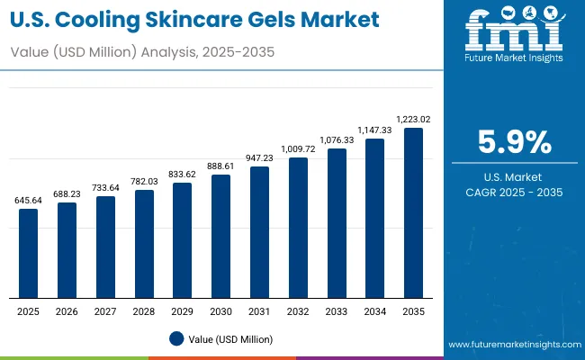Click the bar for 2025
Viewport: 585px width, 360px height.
(29, 253)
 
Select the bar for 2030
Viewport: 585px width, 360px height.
(221, 236)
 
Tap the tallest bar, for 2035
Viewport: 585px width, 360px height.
(414, 212)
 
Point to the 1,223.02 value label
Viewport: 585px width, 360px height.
(413, 119)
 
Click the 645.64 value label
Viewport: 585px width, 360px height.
(29, 200)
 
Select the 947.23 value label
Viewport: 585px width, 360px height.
(260, 157)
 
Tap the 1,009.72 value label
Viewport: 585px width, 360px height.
(298, 148)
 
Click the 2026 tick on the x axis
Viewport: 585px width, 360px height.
(67, 311)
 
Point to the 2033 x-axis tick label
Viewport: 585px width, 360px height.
(337, 311)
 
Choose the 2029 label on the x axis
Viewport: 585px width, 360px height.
(183, 311)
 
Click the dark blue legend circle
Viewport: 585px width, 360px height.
(176, 338)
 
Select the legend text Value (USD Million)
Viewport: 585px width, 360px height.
(231, 338)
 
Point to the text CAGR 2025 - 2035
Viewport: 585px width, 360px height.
(513, 192)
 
